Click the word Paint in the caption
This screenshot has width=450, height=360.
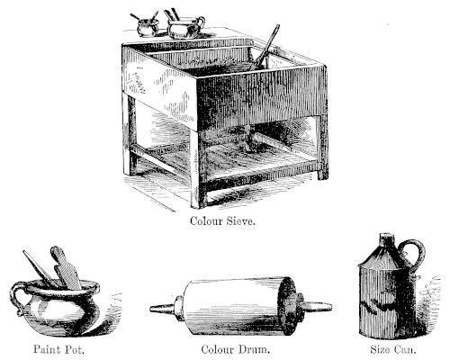click(x=45, y=349)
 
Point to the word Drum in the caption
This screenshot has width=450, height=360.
click(x=254, y=349)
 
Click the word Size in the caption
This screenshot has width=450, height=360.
click(x=380, y=349)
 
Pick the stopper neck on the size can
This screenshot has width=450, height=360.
click(x=387, y=239)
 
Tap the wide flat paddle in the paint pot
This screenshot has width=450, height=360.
click(x=66, y=268)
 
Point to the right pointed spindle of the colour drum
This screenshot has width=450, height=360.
click(x=318, y=307)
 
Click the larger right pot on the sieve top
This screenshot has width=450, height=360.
click(x=184, y=28)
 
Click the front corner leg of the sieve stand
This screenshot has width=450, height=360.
click(x=199, y=169)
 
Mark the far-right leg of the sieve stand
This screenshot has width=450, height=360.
click(x=323, y=147)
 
